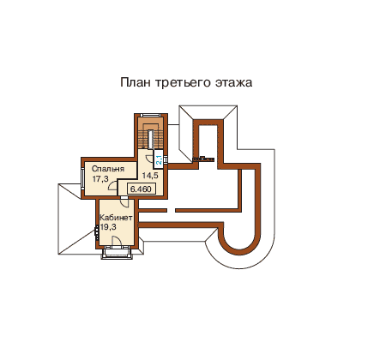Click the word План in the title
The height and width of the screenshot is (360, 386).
tap(135, 82)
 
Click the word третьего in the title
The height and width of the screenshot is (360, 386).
tap(183, 83)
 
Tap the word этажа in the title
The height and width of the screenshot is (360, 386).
tap(233, 82)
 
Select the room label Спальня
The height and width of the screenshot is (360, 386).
tap(108, 169)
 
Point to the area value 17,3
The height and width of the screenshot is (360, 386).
tap(100, 179)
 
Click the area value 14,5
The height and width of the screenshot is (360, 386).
tap(150, 176)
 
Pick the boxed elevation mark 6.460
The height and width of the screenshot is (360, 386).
tap(141, 189)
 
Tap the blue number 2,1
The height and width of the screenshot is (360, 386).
tap(159, 159)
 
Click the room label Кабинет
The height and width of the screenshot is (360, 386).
tap(116, 218)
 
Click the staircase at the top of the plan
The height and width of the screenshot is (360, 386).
tap(151, 133)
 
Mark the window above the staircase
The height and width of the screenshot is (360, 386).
tap(151, 115)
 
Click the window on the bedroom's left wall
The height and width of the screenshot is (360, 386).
tap(82, 177)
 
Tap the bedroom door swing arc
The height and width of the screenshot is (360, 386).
tap(112, 185)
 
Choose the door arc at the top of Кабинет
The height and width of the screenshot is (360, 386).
tap(125, 202)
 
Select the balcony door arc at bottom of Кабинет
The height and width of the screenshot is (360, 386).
tap(118, 241)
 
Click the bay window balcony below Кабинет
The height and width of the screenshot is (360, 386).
tap(117, 253)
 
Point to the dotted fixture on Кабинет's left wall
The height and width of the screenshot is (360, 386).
tap(97, 231)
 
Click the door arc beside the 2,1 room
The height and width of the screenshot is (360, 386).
tap(149, 159)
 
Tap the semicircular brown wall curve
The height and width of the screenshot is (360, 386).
tap(239, 249)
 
